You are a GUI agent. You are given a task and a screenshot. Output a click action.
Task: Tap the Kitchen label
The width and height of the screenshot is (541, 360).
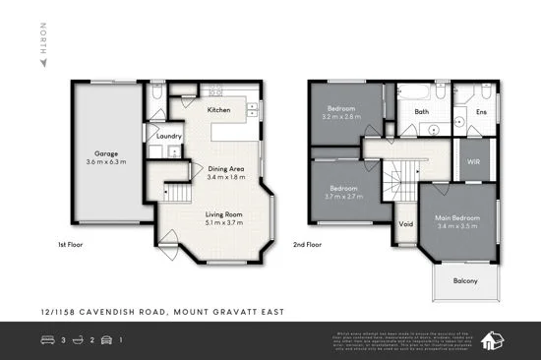[218, 110]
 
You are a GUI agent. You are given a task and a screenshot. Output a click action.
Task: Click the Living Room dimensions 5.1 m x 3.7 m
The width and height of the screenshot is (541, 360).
[222, 222]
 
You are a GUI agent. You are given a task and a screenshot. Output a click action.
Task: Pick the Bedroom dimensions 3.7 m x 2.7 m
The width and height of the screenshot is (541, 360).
[342, 197]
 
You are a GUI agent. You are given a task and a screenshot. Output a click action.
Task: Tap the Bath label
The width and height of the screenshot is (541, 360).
[421, 112]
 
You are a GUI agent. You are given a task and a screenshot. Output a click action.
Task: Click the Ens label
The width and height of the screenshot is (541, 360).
[481, 112]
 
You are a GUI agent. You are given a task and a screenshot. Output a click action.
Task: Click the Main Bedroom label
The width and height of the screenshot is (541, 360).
[456, 217]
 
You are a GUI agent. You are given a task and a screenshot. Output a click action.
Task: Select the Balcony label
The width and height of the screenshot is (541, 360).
[465, 281]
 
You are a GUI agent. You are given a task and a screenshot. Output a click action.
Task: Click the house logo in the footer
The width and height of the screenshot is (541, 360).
[498, 340]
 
